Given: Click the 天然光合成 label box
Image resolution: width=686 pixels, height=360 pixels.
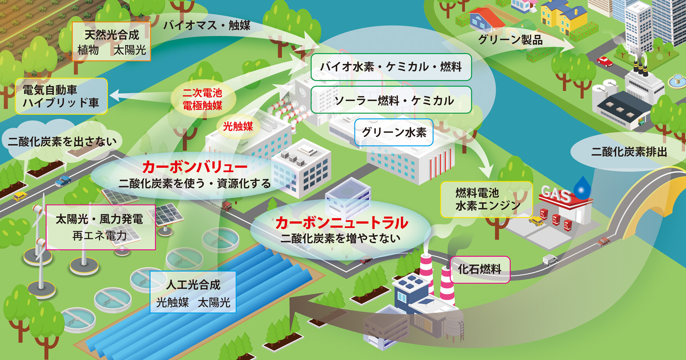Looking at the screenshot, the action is click(111, 41).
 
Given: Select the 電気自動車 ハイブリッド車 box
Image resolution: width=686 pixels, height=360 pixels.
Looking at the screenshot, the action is click(61, 96).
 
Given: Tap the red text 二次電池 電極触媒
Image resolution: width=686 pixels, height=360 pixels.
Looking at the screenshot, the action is click(202, 99).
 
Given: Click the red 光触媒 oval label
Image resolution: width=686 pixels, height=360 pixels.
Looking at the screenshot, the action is click(238, 126).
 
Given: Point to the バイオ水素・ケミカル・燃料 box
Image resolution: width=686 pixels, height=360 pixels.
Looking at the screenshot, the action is click(391, 67).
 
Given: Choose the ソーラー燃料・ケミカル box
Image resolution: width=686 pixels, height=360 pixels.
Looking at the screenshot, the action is click(391, 100).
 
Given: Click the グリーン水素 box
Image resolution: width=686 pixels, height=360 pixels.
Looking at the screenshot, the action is click(394, 132).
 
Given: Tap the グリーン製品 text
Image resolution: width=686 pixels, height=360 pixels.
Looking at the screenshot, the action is click(511, 40).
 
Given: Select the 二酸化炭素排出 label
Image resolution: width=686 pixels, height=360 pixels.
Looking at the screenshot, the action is click(629, 152).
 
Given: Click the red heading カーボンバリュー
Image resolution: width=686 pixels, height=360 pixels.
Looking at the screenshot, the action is click(195, 167).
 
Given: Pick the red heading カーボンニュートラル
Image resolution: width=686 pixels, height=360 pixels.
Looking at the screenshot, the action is click(342, 223).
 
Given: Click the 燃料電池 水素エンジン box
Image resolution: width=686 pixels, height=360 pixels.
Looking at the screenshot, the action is click(487, 199).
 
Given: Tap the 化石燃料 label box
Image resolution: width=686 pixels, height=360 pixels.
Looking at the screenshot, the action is click(480, 270).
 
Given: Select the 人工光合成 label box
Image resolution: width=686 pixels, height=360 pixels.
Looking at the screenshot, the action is click(193, 292).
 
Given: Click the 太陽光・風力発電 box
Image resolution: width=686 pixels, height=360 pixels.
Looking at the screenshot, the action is click(101, 227).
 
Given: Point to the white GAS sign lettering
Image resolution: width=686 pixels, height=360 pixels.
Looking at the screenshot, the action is click(556, 194).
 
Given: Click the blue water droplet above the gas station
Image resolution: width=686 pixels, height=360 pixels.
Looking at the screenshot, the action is click(582, 187).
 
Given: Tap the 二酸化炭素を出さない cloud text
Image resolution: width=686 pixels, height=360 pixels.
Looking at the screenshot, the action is click(62, 142).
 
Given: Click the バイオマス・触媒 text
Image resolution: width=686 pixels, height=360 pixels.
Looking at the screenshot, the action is click(207, 25).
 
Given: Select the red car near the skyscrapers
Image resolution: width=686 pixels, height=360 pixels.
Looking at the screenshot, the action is click(605, 62).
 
